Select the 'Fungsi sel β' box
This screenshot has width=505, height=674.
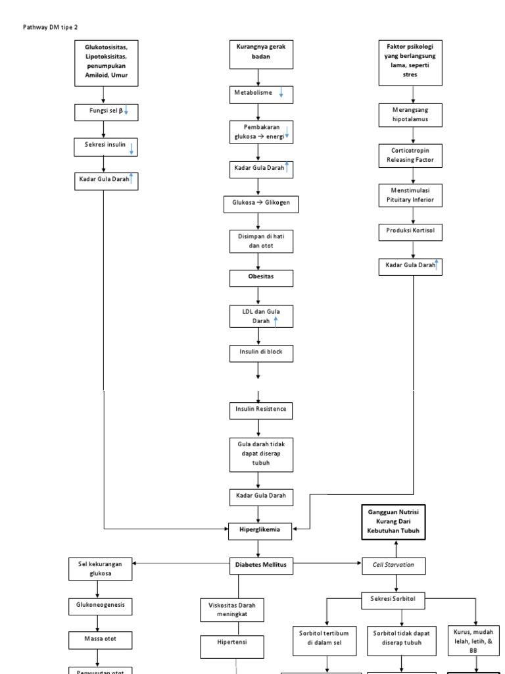point(106,112)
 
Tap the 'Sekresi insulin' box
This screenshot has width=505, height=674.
point(106,146)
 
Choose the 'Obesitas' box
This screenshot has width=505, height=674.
point(261,278)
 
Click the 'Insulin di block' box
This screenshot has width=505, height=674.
point(261,353)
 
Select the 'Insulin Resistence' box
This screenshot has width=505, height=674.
point(261,409)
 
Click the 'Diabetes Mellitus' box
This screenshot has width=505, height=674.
point(261,565)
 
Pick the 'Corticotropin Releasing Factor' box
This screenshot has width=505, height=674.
point(412,155)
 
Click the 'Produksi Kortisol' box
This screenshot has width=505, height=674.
point(412,232)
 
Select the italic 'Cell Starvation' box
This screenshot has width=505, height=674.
point(395,565)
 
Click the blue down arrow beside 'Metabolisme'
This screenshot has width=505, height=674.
point(281,94)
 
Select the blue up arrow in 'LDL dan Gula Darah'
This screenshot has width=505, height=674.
point(276,321)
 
